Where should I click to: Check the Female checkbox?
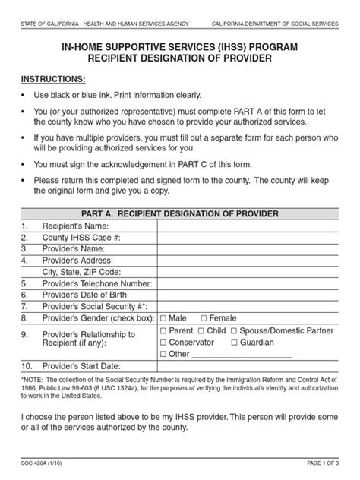point(204,317)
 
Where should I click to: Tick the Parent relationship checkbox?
point(164,331)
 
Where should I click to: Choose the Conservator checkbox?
point(164,343)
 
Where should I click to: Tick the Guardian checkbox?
point(233,343)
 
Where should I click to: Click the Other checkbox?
point(164,355)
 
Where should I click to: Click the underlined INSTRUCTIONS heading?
point(53,79)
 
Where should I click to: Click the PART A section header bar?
point(180,213)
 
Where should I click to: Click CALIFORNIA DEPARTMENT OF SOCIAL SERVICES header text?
point(274,26)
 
